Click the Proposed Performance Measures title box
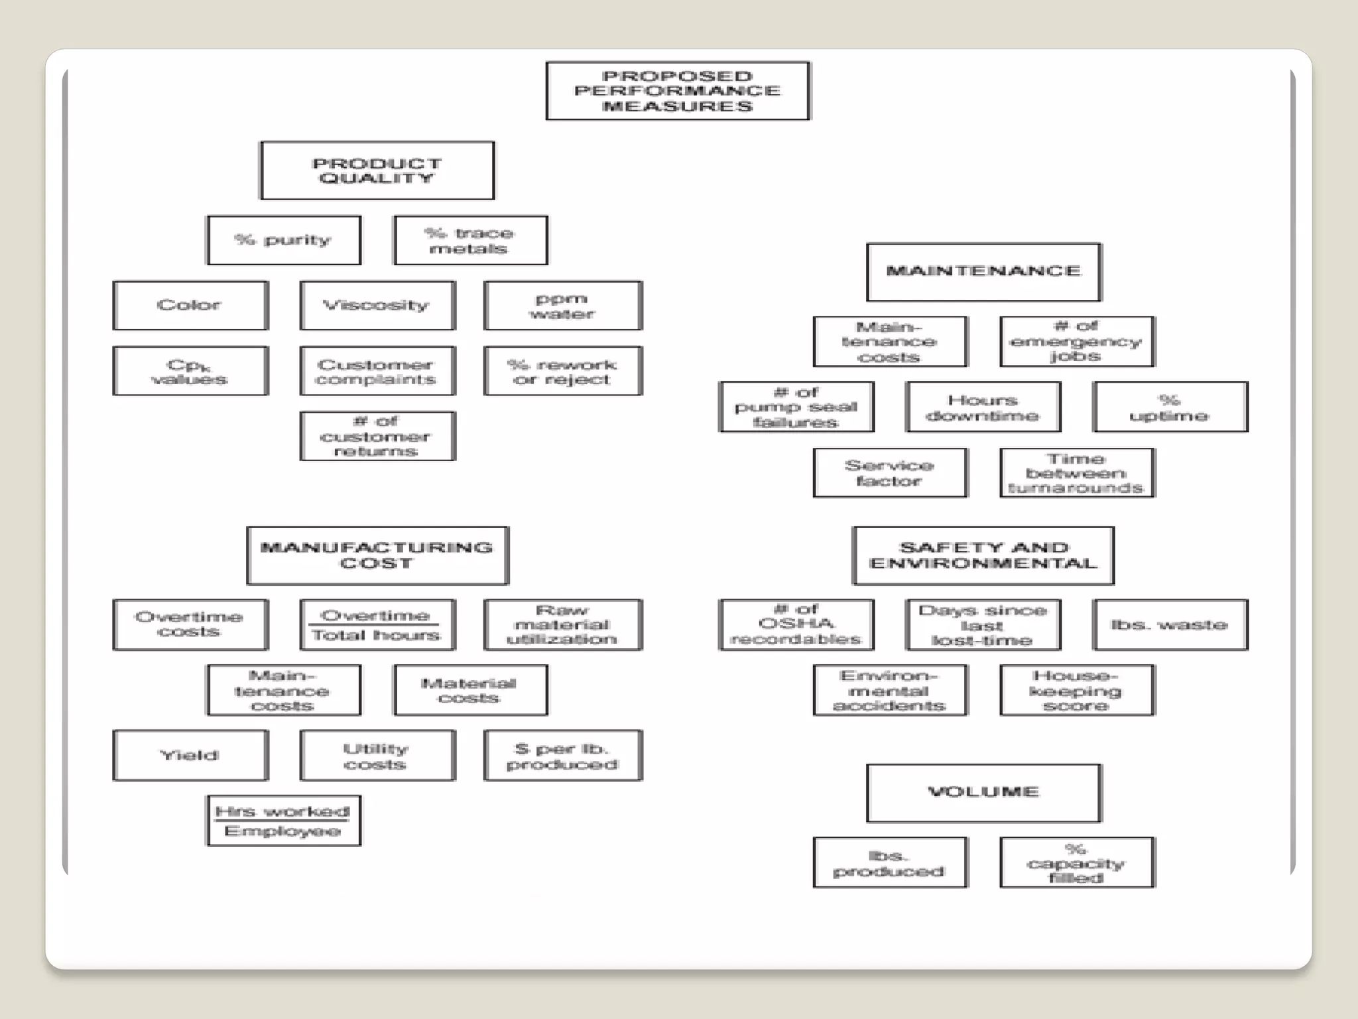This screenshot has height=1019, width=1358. tap(678, 91)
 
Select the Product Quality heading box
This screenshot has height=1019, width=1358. tap(377, 170)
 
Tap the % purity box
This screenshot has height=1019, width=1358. tap(284, 240)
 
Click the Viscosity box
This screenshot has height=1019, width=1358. tap(377, 305)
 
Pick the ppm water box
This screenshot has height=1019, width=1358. tap(563, 305)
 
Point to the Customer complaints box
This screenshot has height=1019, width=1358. tap(377, 371)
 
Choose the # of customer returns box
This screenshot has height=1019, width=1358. tap(377, 436)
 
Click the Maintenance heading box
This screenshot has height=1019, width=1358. tap(983, 272)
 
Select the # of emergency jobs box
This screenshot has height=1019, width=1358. tap(1077, 342)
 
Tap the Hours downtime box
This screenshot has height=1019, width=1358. tap(983, 407)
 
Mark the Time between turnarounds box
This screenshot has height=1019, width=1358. tap(1077, 473)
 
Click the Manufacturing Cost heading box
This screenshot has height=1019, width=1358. tap(377, 556)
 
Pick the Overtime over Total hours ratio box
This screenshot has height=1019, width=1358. tap(377, 625)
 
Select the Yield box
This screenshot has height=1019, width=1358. tap(190, 756)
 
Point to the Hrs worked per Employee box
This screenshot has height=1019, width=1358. tap(284, 821)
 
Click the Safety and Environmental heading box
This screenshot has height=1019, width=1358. tap(983, 556)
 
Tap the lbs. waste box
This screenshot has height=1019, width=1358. tap(1170, 625)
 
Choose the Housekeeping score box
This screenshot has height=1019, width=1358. tap(1077, 690)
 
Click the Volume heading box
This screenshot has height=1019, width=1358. tap(983, 793)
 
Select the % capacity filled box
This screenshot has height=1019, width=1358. tap(1077, 862)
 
